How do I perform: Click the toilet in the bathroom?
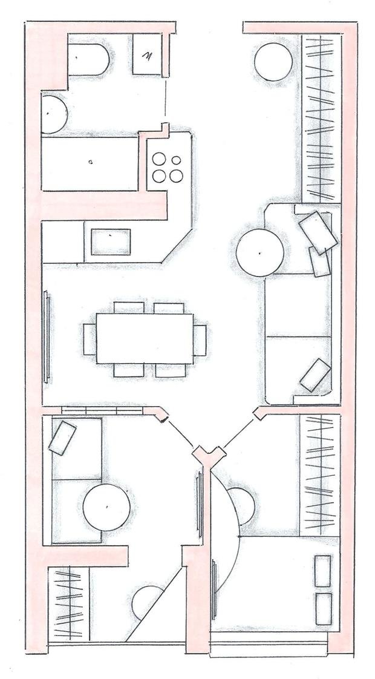click(88, 59)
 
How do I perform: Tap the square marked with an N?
click(147, 56)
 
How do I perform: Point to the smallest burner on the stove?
click(176, 160)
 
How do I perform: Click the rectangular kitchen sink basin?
click(111, 242)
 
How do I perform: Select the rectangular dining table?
click(145, 338)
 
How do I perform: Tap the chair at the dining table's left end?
click(89, 339)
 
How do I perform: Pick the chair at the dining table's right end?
click(200, 339)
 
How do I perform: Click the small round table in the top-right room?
click(273, 61)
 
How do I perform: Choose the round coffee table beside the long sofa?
click(259, 252)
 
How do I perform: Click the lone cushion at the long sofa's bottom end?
click(315, 375)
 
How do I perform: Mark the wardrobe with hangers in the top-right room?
click(319, 119)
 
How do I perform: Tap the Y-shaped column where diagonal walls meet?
click(208, 454)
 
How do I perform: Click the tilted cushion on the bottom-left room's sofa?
click(62, 438)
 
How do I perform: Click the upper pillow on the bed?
click(324, 571)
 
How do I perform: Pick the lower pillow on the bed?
click(324, 608)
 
